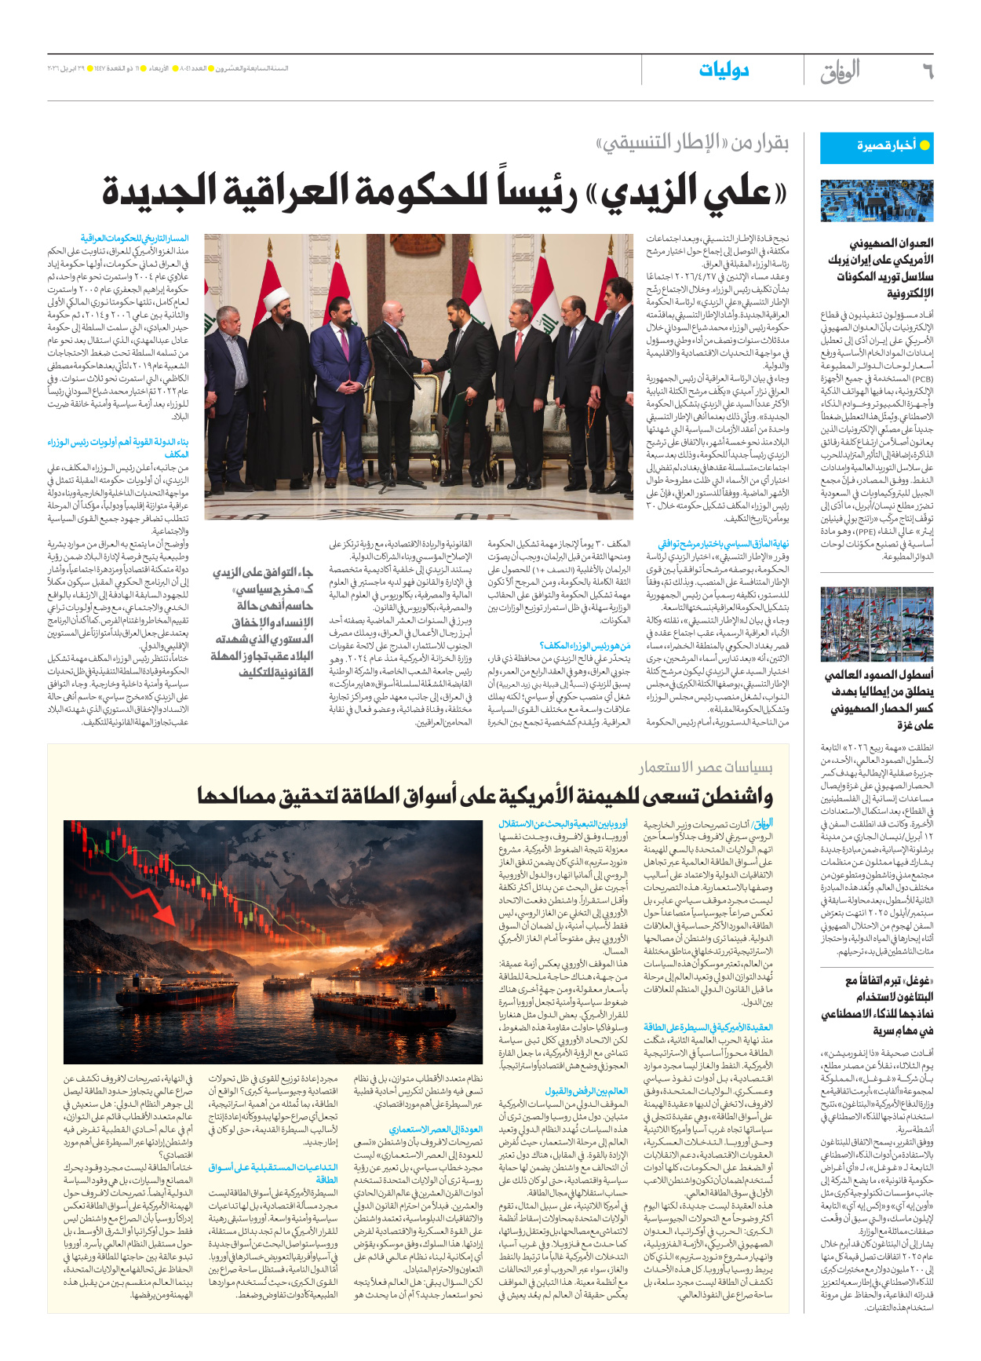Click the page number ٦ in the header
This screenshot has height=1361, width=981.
click(x=927, y=71)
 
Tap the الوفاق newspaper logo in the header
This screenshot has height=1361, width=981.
click(x=840, y=71)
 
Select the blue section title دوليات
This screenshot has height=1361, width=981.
click(x=723, y=71)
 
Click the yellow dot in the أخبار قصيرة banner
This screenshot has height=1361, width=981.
click(x=924, y=146)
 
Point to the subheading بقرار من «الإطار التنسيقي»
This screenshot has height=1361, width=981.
click(x=691, y=143)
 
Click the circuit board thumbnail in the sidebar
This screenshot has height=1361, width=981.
click(x=876, y=202)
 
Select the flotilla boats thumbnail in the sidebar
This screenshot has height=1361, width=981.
click(x=876, y=625)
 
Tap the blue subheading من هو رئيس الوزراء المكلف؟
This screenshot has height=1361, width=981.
click(x=585, y=645)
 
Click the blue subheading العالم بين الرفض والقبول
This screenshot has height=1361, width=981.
click(x=586, y=1090)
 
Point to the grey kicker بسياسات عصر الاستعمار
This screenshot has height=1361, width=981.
click(x=705, y=767)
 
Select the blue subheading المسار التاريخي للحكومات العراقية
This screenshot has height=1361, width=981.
click(x=134, y=238)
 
